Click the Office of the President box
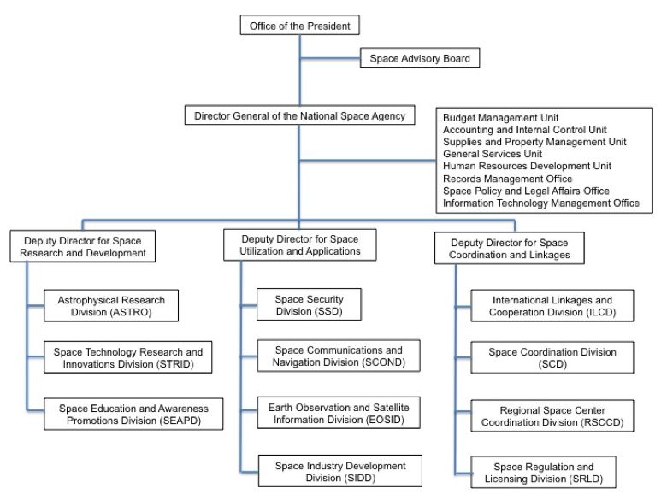tap(299, 25)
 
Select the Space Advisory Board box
tap(420, 58)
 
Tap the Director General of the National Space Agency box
tap(299, 115)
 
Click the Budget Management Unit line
tap(500, 118)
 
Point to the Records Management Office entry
tap(507, 179)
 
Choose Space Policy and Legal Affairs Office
tap(526, 191)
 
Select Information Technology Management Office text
tap(541, 203)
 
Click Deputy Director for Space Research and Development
tap(83, 246)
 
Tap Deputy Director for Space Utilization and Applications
tap(300, 245)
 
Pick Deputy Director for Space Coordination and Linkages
tap(509, 249)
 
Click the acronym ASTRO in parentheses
tap(131, 312)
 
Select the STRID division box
tap(128, 357)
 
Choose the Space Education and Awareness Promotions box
tap(133, 415)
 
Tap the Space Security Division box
tap(310, 304)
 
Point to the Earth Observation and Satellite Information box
tap(339, 413)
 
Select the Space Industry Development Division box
tap(340, 471)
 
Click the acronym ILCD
tap(600, 312)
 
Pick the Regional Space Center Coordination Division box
tap(552, 416)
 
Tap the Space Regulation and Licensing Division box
tap(544, 473)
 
